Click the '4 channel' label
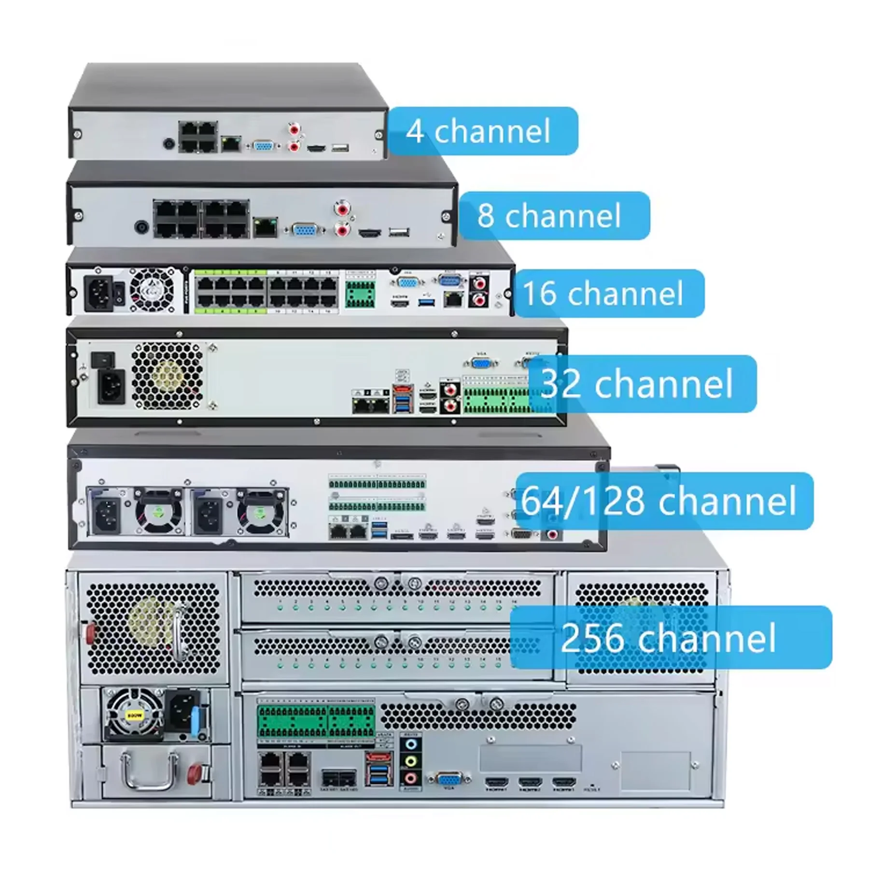(483, 131)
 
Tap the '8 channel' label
(554, 215)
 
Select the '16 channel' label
(608, 293)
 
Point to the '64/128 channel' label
(664, 501)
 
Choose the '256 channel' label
(670, 637)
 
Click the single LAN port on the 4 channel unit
(231, 143)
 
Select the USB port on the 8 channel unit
(399, 233)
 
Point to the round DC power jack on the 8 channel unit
(141, 227)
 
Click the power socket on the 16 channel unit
(99, 293)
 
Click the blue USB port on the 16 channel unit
(426, 303)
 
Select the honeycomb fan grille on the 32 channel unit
(167, 376)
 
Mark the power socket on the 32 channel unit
(111, 386)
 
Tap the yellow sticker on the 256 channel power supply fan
(134, 715)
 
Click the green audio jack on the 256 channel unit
(410, 761)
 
